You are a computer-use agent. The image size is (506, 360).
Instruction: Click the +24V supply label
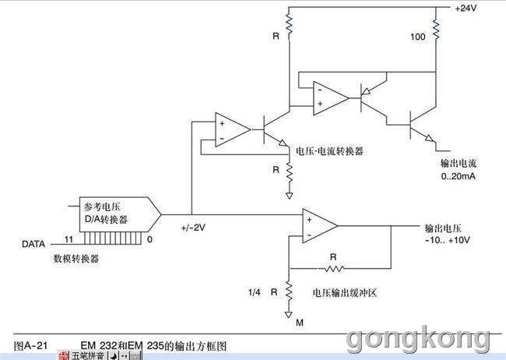pos(466,8)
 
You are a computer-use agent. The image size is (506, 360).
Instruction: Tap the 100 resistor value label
pos(417,37)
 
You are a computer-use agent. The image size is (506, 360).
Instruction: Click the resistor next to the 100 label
pos(436,30)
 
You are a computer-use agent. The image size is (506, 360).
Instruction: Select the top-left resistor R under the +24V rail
pos(289,23)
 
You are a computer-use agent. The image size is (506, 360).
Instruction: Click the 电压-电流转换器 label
pos(329,151)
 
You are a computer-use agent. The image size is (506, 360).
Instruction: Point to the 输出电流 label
pos(459,163)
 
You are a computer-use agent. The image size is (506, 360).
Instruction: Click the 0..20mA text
pos(458,176)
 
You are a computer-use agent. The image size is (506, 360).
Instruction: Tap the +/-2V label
pos(193,228)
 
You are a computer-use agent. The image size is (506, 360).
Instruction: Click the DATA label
pos(33,244)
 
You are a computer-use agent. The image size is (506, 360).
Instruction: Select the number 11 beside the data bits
pos(69,239)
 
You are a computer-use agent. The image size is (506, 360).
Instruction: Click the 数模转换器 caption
pos(76,259)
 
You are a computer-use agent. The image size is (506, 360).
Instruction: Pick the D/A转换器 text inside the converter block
pos(106,220)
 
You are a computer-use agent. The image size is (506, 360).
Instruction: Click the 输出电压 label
pos(443,228)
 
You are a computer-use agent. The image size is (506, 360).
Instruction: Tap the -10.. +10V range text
pos(447,240)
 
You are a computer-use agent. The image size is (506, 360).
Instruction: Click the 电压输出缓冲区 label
pos(345,293)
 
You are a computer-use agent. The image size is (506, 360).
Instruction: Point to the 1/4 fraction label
pos(254,292)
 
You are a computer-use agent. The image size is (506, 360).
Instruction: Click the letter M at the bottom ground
pos(300,323)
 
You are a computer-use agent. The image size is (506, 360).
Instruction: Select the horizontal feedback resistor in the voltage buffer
pos(334,268)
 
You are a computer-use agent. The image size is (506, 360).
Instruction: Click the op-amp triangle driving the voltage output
pos(319,226)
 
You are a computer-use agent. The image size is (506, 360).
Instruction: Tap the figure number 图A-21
pos(30,346)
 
